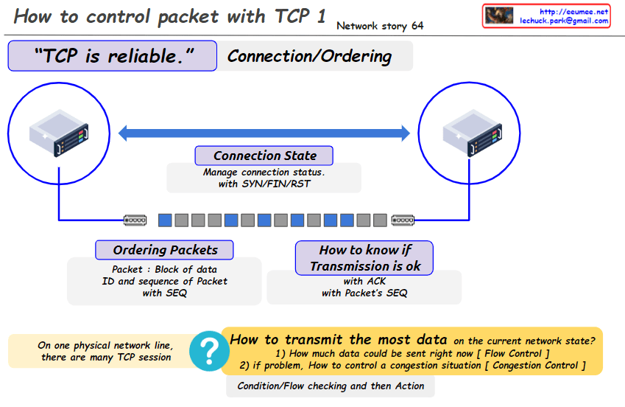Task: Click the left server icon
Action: pyautogui.click(x=58, y=133)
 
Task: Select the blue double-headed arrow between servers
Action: pyautogui.click(x=264, y=133)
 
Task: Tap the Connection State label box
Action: pyautogui.click(x=264, y=156)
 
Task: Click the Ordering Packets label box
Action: pyautogui.click(x=165, y=249)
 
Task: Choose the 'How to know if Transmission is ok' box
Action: pyautogui.click(x=364, y=258)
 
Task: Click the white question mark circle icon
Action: pyautogui.click(x=209, y=349)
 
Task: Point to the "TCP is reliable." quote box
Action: pyautogui.click(x=113, y=56)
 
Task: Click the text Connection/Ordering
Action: pyautogui.click(x=309, y=56)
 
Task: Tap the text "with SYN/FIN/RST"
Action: pyautogui.click(x=264, y=184)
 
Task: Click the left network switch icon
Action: pyautogui.click(x=136, y=220)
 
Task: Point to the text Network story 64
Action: pyautogui.click(x=379, y=26)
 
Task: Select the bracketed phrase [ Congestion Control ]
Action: pyautogui.click(x=540, y=365)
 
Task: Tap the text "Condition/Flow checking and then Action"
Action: pyautogui.click(x=331, y=386)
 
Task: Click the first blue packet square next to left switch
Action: pyautogui.click(x=165, y=220)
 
